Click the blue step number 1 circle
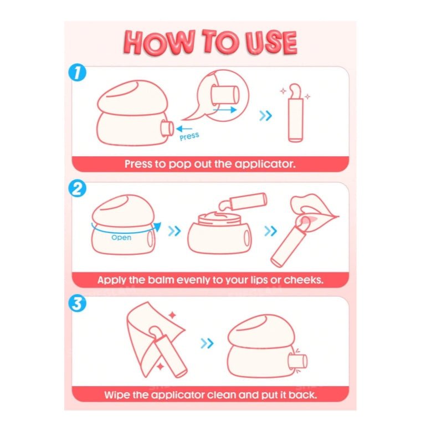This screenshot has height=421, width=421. pos(78,72)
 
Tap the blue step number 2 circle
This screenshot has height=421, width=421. pos(78,188)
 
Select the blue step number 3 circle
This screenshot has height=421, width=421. pos(78,304)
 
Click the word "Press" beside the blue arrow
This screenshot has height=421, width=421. pos(189,136)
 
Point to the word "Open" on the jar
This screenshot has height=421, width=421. pos(121,238)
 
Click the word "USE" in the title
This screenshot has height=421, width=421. pos(271,43)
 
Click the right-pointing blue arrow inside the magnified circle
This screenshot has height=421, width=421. pos(224,110)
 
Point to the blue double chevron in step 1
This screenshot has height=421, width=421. pos(265,116)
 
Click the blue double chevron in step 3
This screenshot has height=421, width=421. pos(207,343)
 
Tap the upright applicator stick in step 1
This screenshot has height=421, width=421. pos(295,113)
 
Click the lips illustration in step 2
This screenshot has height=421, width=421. pos(314,212)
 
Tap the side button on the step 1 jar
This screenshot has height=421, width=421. pos(167,129)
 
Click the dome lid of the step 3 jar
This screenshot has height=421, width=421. pos(261,331)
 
